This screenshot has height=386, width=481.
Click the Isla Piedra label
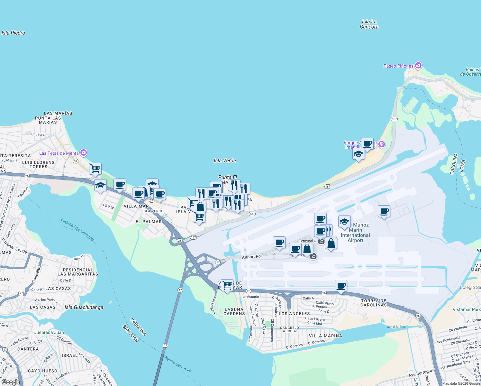tap(13, 33)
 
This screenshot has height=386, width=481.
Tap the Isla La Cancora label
tap(369, 24)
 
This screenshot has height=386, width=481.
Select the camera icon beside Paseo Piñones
tap(418, 66)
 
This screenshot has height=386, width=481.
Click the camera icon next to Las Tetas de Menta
tap(84, 153)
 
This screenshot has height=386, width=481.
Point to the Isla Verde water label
tap(225, 161)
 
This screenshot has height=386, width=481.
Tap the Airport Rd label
tap(251, 257)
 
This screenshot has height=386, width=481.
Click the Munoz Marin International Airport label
tap(355, 233)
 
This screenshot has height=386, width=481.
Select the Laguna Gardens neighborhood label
tap(234, 311)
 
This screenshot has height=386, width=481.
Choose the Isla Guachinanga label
tap(84, 307)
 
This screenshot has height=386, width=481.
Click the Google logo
tap(11, 382)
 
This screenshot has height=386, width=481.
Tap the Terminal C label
tap(307, 241)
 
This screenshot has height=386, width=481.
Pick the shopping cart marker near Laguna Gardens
tap(227, 285)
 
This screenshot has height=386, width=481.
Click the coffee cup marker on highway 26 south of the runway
tap(341, 286)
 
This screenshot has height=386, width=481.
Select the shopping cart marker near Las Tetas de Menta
tap(95, 169)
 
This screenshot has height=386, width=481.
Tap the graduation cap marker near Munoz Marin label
tap(344, 222)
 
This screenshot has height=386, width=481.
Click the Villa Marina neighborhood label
tap(325, 336)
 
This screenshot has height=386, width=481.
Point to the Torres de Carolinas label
tap(374, 303)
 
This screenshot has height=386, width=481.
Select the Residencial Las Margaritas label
tap(78, 272)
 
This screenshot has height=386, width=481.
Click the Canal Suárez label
tap(396, 327)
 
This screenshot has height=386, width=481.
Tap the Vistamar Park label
tap(467, 309)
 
